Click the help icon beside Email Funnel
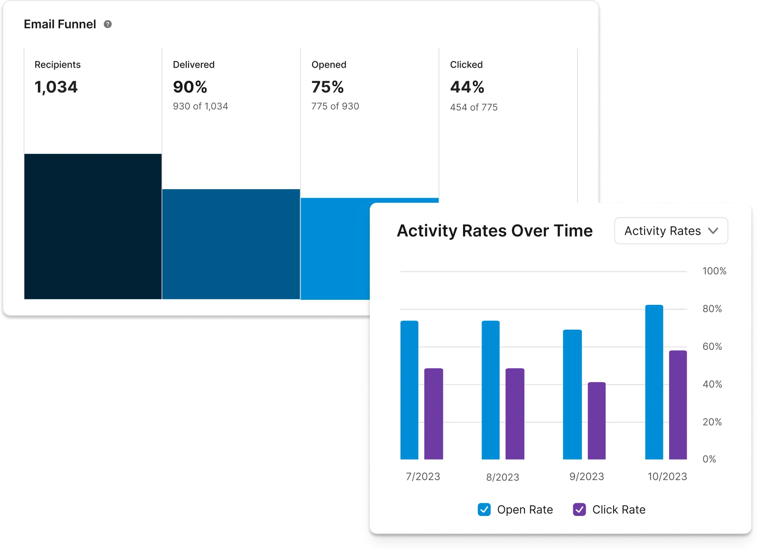108,24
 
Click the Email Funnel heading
60,24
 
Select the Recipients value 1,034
56,87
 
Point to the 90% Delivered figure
190,87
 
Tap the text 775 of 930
335,106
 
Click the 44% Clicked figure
467,87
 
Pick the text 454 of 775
474,107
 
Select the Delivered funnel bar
231,244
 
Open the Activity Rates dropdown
671,231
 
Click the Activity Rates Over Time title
495,231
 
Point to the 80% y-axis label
712,309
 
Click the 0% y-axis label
709,459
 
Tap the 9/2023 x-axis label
587,476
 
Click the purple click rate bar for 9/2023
596,420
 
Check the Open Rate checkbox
484,510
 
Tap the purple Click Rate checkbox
579,510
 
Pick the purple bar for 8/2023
515,414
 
